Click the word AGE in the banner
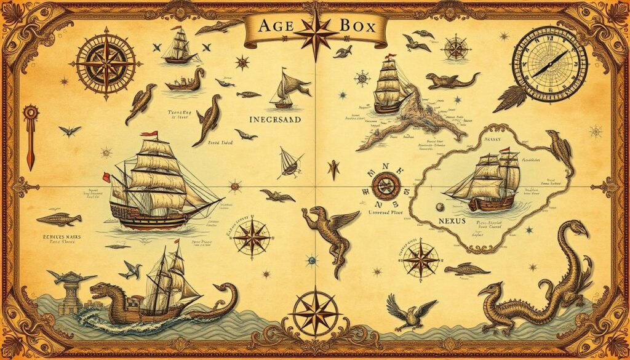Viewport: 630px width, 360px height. tap(277, 27)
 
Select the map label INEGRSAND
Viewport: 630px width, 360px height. tap(276, 119)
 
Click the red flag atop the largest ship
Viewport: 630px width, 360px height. tap(149, 134)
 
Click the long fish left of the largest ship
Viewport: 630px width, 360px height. tap(58, 219)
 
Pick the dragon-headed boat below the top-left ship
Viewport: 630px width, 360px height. tap(187, 81)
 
